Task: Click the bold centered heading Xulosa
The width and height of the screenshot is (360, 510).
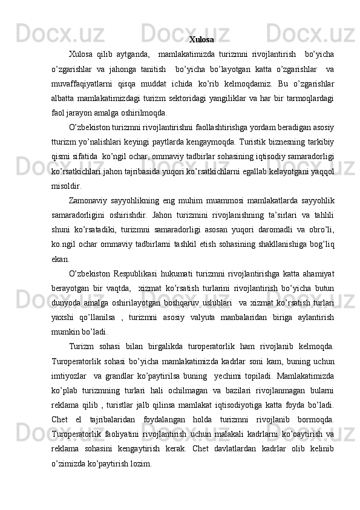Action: point(201,40)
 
